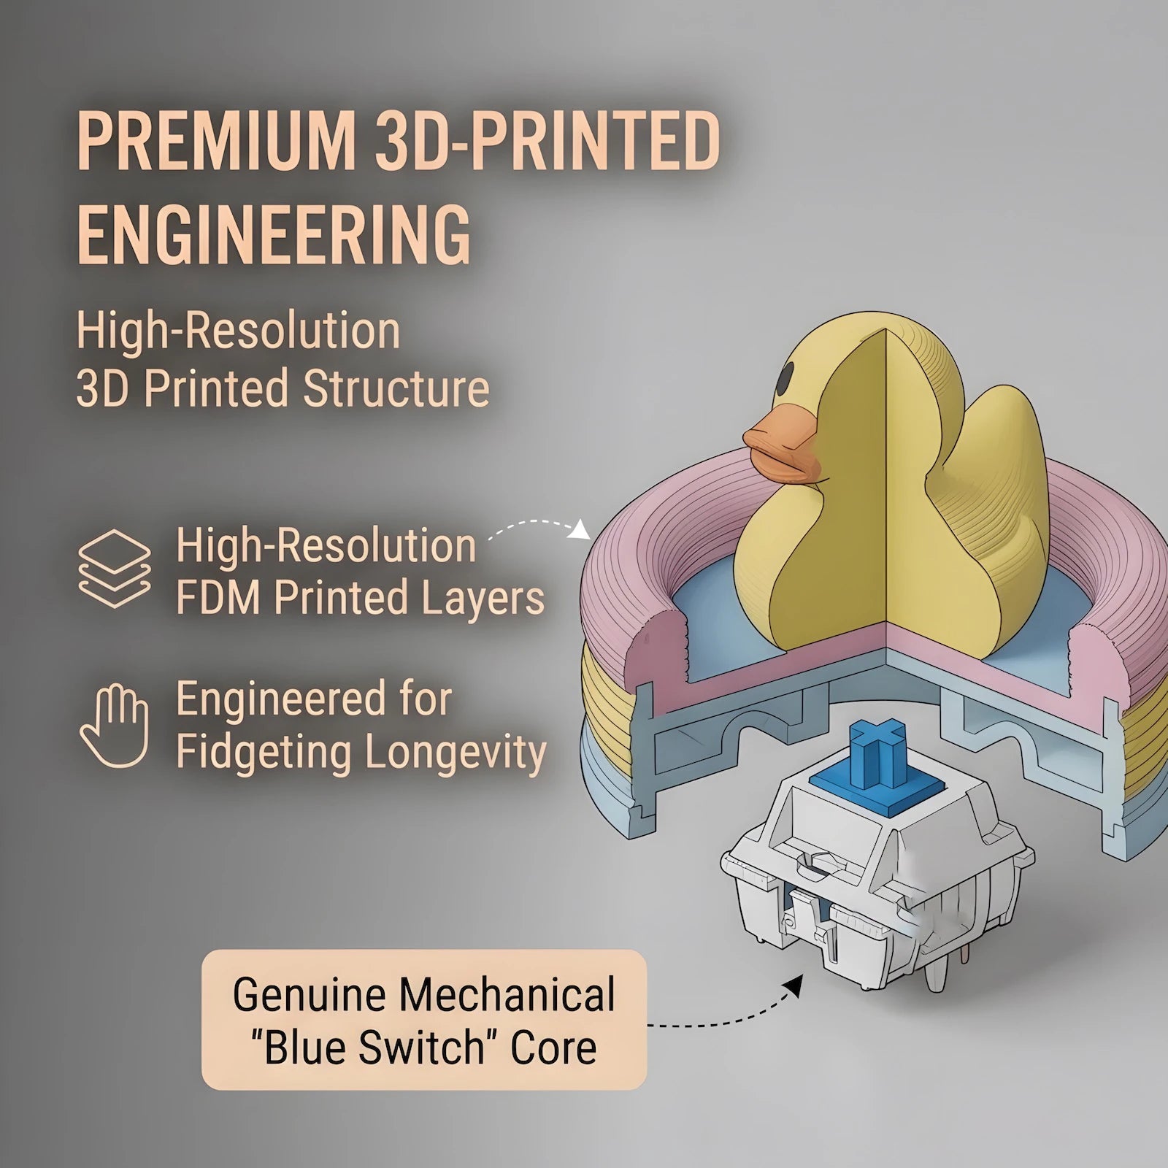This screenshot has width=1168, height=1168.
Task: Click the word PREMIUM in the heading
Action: point(217,140)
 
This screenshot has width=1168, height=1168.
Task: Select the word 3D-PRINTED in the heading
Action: point(547,140)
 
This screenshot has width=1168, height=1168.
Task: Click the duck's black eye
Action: point(785,377)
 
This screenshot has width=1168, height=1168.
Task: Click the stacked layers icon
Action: point(115,569)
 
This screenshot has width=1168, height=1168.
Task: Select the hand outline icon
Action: point(115,726)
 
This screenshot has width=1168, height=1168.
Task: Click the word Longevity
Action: point(456,753)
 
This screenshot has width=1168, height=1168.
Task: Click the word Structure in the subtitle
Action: point(396,388)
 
